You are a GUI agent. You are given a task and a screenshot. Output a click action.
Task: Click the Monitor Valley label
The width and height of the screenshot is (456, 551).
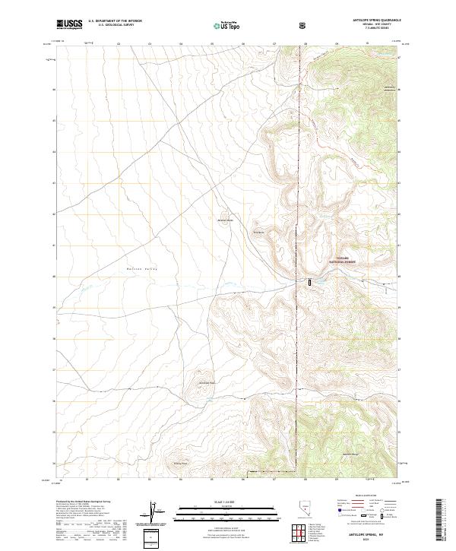click(140, 269)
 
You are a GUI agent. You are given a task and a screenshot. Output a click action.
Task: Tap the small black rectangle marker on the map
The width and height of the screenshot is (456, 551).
click(309, 283)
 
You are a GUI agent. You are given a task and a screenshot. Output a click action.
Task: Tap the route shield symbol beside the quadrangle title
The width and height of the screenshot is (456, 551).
click(305, 25)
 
